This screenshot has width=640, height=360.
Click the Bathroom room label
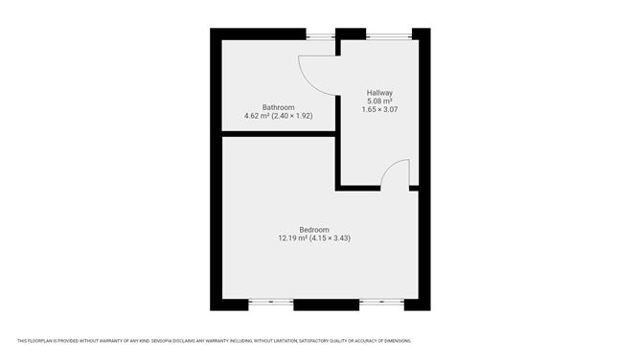279,107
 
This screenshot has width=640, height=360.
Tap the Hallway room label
379,93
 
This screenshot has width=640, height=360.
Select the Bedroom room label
314,230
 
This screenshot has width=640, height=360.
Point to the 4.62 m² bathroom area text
257,116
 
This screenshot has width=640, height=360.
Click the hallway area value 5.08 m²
379,101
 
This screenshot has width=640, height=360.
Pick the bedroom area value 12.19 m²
292,238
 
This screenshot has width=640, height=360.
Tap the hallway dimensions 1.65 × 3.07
379,109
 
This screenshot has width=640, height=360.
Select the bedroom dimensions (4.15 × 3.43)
330,238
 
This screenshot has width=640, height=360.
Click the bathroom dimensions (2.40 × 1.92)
292,116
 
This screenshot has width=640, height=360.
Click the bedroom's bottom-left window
271,303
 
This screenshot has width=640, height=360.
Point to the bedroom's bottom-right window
381,303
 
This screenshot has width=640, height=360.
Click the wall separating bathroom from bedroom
279,134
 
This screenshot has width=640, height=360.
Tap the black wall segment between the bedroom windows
327,304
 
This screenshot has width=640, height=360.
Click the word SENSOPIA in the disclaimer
161,341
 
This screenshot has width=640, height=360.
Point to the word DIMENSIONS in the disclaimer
400,341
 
